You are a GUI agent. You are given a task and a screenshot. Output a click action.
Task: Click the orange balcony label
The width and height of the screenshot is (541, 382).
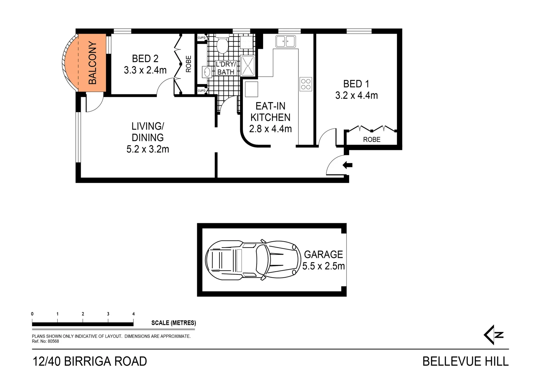tap(92, 63)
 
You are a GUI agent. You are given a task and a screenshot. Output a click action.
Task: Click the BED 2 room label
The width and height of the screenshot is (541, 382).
tap(145, 59)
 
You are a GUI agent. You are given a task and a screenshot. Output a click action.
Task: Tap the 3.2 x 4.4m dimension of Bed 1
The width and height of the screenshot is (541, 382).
tap(356, 95)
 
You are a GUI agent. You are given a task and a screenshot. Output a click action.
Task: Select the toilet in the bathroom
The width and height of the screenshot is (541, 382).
tap(222, 45)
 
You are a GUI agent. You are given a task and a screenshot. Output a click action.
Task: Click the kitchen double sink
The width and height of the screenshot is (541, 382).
tap(285, 41)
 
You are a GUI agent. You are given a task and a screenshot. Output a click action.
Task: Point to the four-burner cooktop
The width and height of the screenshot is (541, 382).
tap(306, 84)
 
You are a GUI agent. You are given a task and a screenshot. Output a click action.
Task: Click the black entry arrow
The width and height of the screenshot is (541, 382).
tap(347, 165)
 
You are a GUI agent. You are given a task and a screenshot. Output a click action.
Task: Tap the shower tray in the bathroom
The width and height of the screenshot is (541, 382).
tap(247, 65)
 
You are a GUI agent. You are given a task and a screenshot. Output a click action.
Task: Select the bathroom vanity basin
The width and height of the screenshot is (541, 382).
tap(206, 72)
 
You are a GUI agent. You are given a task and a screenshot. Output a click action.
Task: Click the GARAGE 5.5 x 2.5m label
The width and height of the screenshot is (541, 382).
tap(324, 260)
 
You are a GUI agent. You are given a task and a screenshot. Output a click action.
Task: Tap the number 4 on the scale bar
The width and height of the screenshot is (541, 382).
tap(133, 314)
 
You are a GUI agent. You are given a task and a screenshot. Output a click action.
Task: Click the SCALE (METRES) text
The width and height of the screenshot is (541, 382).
tap(173, 323)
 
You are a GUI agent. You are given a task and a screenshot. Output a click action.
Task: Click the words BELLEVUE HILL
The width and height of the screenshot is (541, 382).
tap(465, 361)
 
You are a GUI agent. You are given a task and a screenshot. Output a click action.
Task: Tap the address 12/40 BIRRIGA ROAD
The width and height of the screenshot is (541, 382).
tap(90, 361)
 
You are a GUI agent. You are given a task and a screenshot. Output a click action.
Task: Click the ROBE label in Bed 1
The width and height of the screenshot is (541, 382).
tap(372, 140)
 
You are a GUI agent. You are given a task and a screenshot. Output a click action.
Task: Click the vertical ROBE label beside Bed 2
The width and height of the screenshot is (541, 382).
tap(188, 64)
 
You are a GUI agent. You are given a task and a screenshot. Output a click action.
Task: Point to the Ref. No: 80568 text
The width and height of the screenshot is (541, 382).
tap(45, 341)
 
